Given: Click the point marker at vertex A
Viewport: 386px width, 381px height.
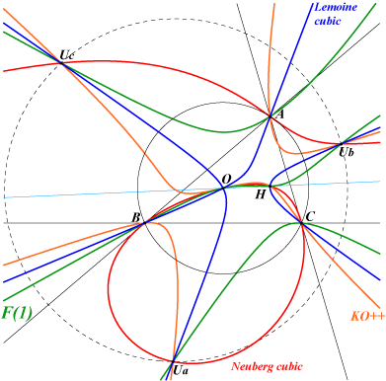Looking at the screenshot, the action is pos(270,116).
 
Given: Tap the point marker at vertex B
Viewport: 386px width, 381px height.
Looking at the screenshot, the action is pos(144,223).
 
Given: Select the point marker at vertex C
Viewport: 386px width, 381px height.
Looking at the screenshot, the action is pos(301,223).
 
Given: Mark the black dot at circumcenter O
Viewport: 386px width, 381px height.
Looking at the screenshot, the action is pos(223,189).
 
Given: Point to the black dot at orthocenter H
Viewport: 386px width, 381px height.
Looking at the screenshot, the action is pos(270,187).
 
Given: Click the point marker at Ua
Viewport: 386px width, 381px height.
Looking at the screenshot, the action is pos(173,361).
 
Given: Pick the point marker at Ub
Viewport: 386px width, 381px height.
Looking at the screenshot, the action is pos(341,144).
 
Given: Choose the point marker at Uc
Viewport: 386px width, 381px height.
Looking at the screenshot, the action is pos(61,62).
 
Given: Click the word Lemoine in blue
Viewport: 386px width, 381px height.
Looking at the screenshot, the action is pos(336,7).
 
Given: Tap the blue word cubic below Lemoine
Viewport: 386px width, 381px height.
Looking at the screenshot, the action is pos(328,21).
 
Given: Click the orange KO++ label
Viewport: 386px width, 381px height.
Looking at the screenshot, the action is pos(367,316).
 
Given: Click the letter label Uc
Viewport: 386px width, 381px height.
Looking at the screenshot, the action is pos(66,54).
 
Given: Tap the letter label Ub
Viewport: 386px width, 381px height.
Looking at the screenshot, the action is pos(347,152).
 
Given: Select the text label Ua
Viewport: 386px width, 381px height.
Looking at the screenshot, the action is pos(181,371).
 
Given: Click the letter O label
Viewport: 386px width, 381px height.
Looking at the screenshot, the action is pos(226,179).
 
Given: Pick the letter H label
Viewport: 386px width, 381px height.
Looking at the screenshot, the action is pos(261,194).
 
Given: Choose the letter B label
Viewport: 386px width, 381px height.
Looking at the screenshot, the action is pos(135,217).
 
